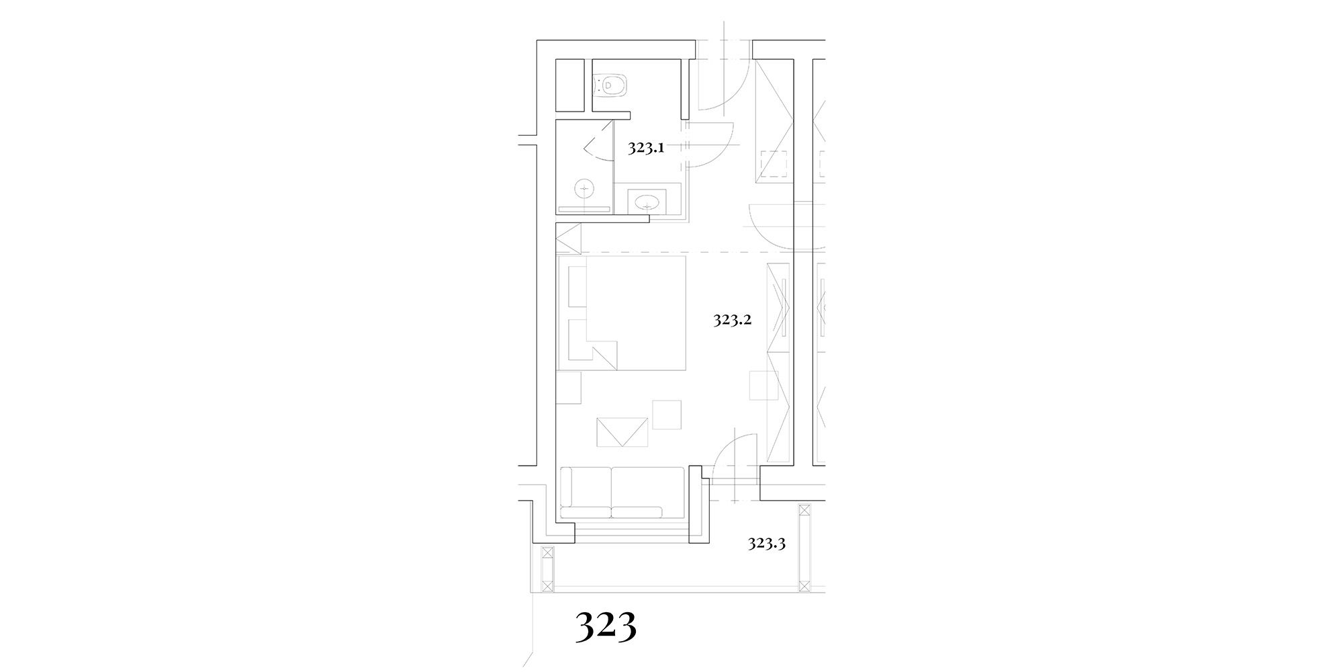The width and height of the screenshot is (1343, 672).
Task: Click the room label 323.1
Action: pos(646,149)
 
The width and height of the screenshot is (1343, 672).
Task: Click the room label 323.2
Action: pos(732,320)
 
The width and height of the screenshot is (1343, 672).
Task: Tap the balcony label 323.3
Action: pos(767,544)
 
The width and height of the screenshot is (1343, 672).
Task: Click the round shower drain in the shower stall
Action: pos(584,189)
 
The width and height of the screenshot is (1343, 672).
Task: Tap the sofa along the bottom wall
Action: pos(622,493)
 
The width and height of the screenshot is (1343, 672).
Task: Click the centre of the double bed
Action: pos(622,312)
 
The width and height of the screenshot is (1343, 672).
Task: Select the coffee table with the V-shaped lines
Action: pos(622,432)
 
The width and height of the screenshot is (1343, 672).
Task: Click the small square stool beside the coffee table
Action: pos(667,415)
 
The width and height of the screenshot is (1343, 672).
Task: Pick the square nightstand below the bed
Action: pos(569,387)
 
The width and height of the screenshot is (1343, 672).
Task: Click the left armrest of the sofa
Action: pos(565,487)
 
